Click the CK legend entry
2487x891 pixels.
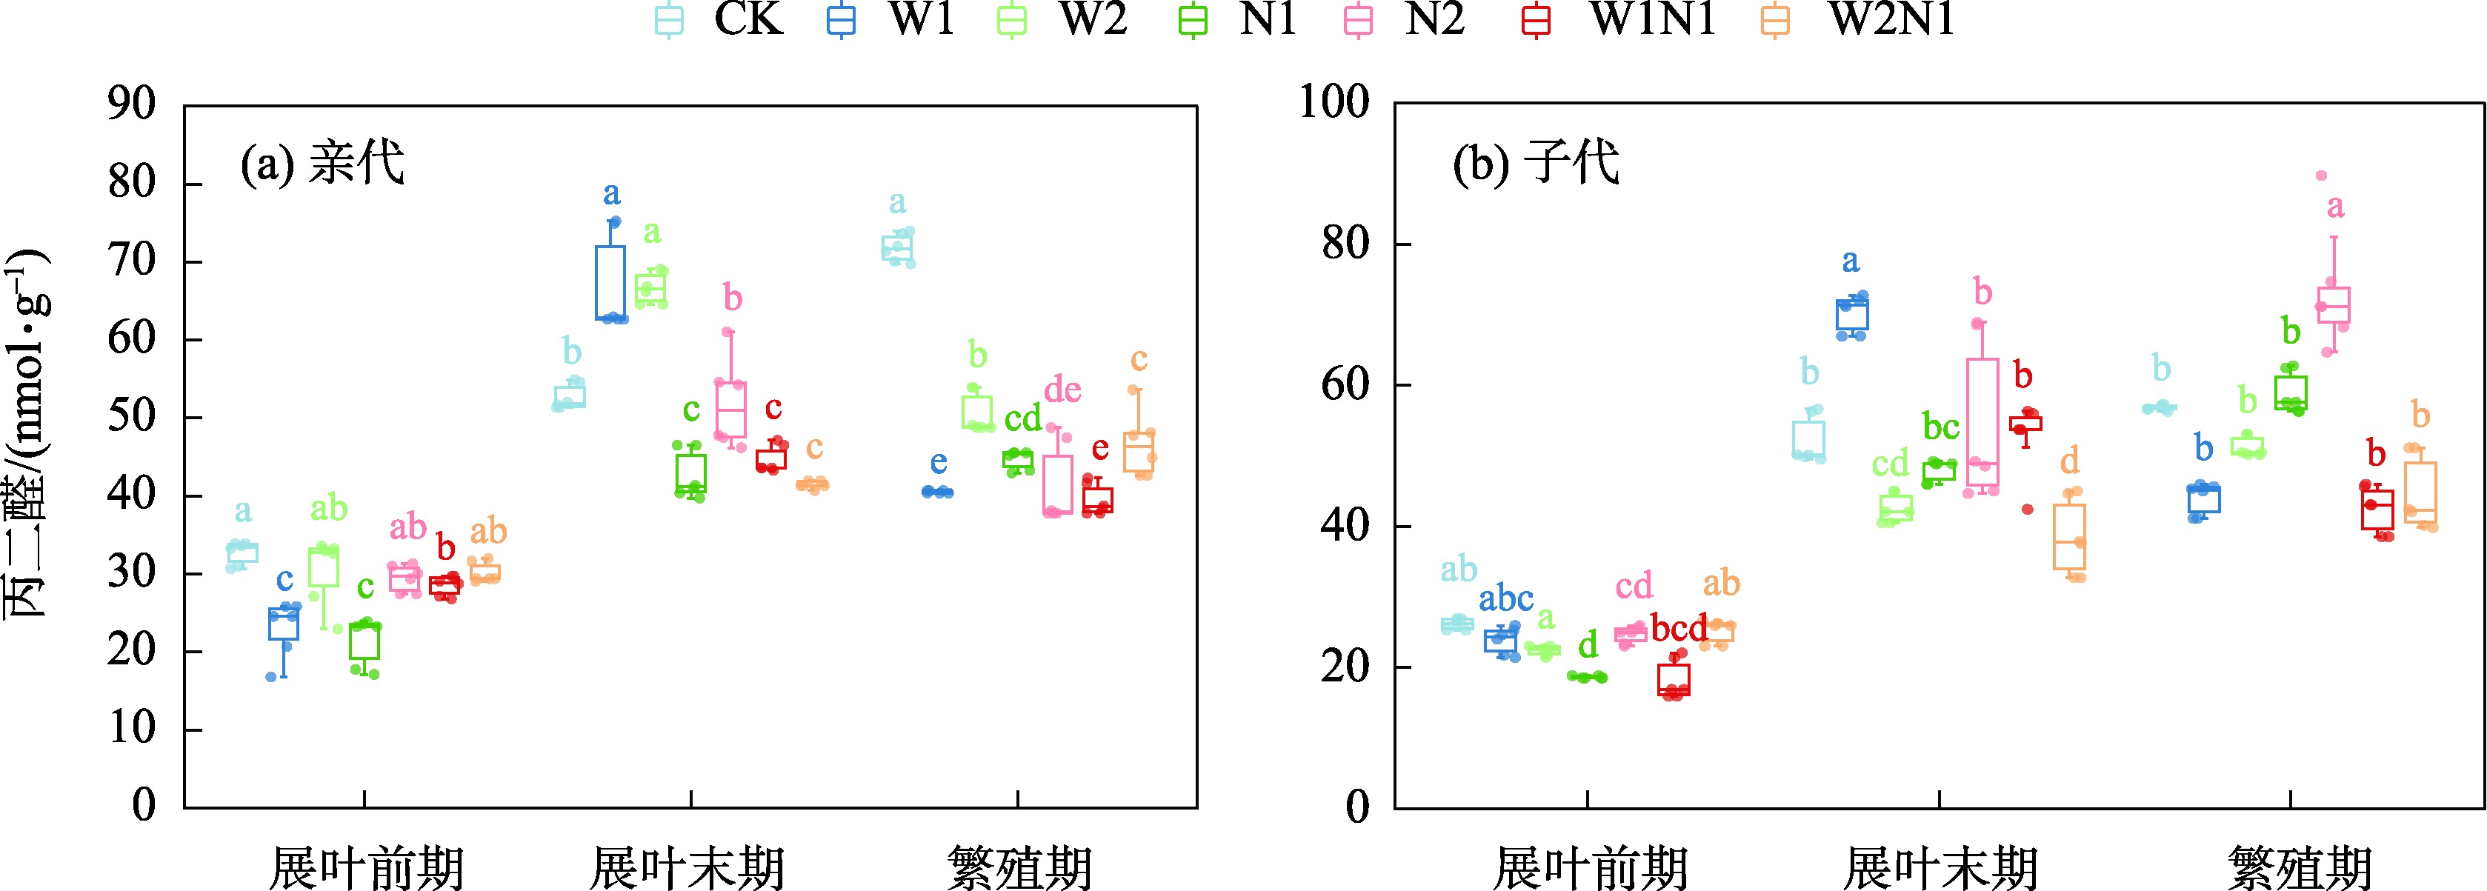pos(720,19)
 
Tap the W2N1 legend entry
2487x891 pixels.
pos(1863,19)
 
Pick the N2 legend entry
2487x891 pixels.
pos(1410,19)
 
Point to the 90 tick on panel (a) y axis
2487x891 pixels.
pos(133,104)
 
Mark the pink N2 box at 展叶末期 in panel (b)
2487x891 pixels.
pos(1983,422)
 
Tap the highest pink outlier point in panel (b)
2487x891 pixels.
pos(2321,176)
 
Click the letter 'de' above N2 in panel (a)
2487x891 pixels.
pos(1062,390)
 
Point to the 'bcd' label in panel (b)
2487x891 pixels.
pos(1679,628)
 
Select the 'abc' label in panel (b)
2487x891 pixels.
pos(1506,598)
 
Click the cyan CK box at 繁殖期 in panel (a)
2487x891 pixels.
pos(897,249)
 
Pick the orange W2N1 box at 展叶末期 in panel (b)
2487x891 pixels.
pos(2070,537)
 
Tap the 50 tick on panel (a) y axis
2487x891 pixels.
pos(133,417)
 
